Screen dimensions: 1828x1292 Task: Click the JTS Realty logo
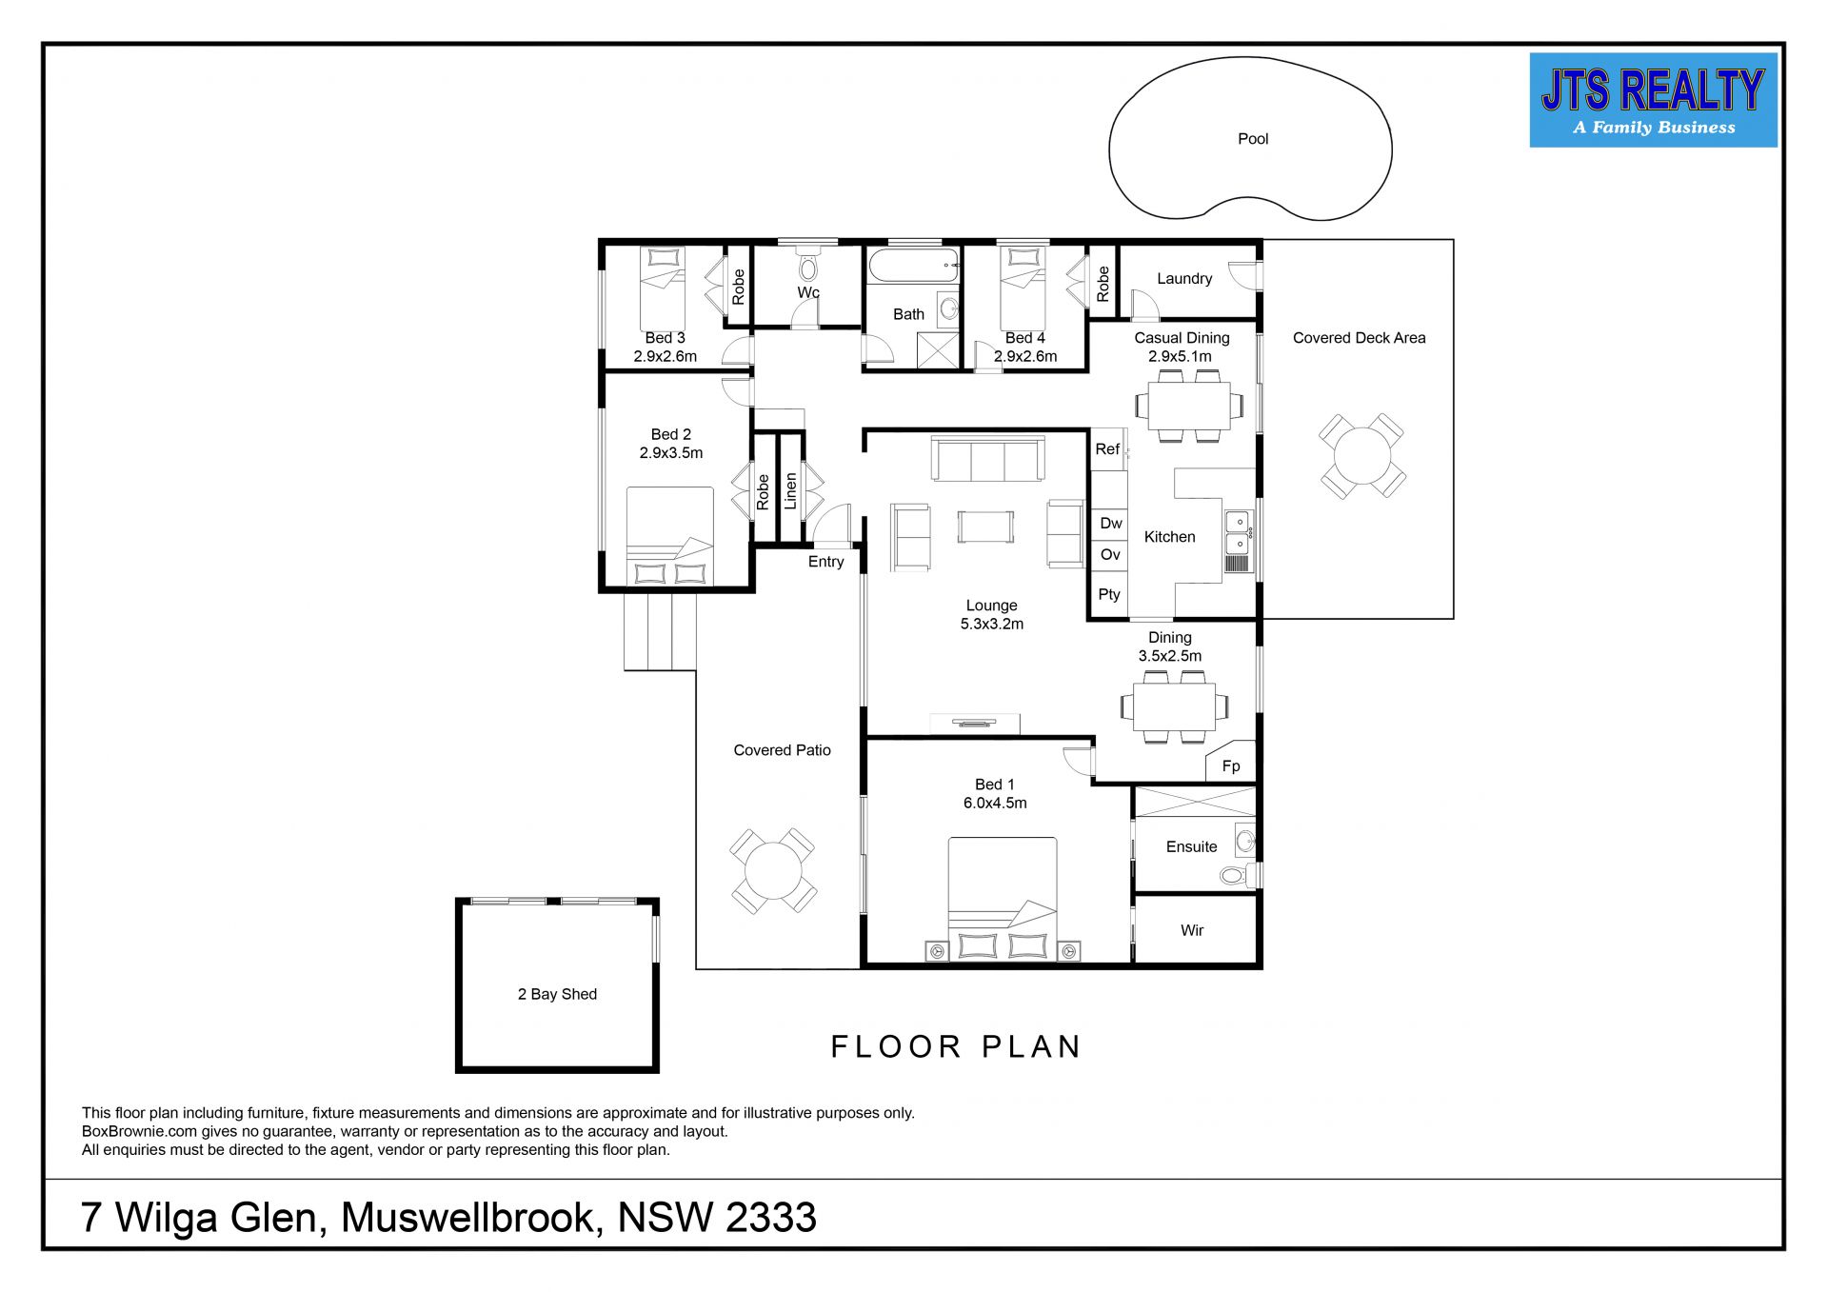pyautogui.click(x=1653, y=100)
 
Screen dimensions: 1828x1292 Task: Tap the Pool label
pyautogui.click(x=1253, y=139)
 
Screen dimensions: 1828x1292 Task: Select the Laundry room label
pyautogui.click(x=1184, y=279)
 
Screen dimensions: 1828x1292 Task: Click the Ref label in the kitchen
pyautogui.click(x=1107, y=449)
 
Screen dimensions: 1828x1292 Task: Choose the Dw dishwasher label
pyautogui.click(x=1111, y=523)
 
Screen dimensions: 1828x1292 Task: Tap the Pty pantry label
pyautogui.click(x=1109, y=594)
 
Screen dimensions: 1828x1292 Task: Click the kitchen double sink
pyautogui.click(x=1237, y=532)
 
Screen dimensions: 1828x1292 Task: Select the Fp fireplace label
pyautogui.click(x=1231, y=766)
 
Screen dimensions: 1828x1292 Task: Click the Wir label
pyautogui.click(x=1192, y=930)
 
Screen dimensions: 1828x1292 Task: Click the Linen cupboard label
pyautogui.click(x=790, y=491)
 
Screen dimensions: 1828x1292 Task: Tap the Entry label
pyautogui.click(x=825, y=562)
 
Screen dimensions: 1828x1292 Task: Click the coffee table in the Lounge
pyautogui.click(x=985, y=527)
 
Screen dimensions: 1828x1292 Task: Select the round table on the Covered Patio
pyautogui.click(x=773, y=871)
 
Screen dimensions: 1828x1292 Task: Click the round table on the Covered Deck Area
pyautogui.click(x=1362, y=456)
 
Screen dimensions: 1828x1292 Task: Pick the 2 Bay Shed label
pyautogui.click(x=557, y=994)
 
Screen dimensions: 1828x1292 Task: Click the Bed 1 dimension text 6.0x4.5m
pyautogui.click(x=995, y=803)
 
